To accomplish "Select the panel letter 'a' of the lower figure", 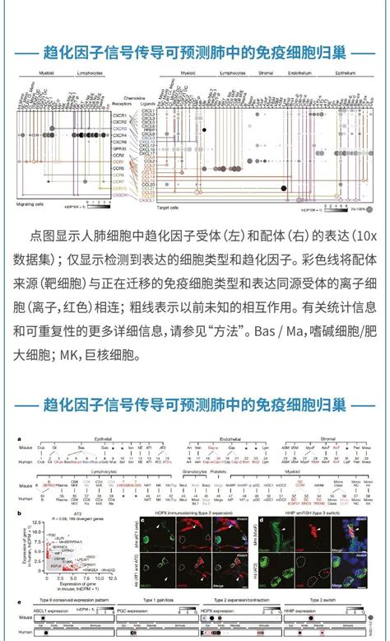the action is pos(19,439).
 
